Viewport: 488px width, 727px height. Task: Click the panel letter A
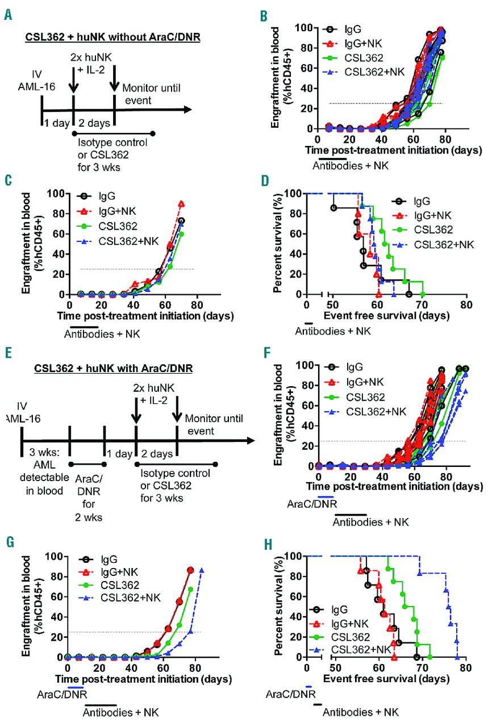(8, 13)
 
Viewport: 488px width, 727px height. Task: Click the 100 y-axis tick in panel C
(53, 194)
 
